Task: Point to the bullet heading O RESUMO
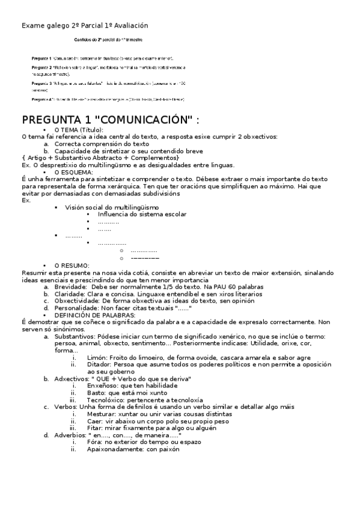[72, 265]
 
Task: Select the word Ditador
[99, 364]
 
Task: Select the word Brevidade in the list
[70, 287]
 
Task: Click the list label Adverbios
[70, 434]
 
